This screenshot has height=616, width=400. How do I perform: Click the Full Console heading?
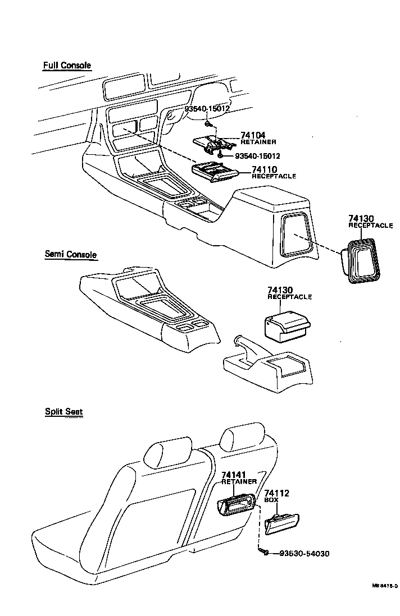coord(67,66)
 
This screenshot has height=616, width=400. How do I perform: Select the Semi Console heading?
coord(70,254)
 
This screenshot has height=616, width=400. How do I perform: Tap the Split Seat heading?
coord(63,411)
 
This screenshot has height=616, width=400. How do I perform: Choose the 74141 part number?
coord(234,475)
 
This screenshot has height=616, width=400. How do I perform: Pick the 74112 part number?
coord(276,493)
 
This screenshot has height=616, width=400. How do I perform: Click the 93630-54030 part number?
coord(303,554)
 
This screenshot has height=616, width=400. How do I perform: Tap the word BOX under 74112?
coord(271,500)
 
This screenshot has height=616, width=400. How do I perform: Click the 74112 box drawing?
coord(282,522)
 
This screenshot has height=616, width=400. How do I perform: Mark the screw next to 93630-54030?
coord(263,553)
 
